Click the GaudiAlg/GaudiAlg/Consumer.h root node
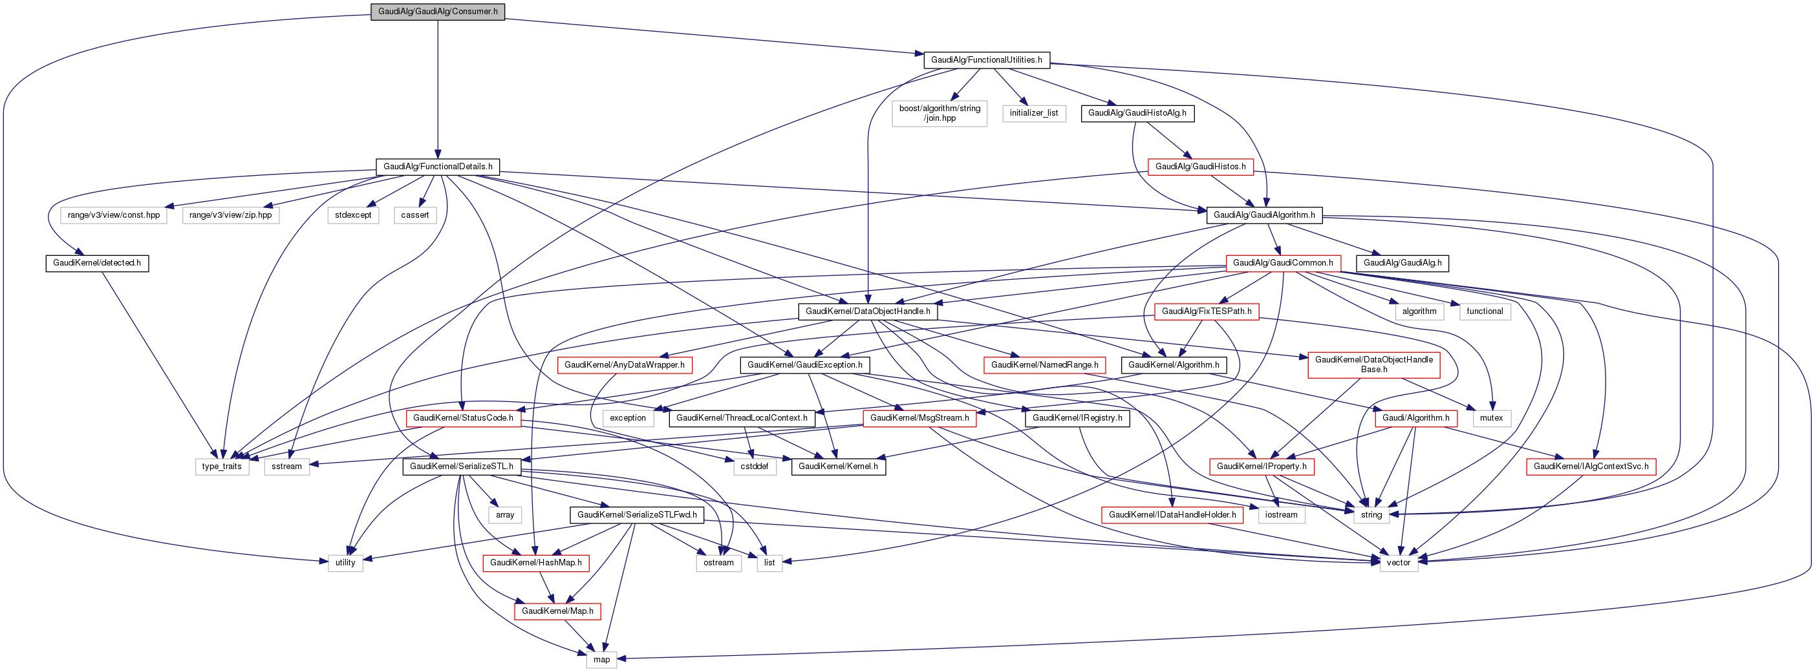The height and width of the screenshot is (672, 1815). tap(438, 11)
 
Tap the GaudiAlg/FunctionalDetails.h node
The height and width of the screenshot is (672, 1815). tap(438, 167)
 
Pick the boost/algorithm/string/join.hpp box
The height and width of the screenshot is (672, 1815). tap(940, 114)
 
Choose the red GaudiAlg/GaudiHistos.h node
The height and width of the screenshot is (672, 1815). tap(1201, 167)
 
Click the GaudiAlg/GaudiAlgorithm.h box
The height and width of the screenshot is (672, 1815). tap(1264, 215)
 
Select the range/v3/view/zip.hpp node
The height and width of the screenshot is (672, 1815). tap(230, 215)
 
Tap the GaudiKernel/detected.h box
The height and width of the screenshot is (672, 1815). tap(97, 263)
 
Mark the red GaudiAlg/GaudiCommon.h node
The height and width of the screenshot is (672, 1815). tap(1282, 263)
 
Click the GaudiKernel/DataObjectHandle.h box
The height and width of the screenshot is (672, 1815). tap(867, 311)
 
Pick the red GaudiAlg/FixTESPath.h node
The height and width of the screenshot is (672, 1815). tap(1207, 311)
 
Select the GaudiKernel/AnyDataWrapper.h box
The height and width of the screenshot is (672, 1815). tap(624, 365)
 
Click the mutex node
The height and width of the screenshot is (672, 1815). tap(1491, 417)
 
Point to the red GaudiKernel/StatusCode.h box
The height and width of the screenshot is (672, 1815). tap(464, 417)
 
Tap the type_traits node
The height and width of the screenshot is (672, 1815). tap(222, 467)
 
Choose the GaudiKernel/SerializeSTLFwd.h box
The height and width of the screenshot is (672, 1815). tap(637, 515)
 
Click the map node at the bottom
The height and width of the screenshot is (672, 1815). tap(601, 659)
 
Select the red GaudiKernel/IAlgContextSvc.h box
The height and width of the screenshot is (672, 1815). tap(1591, 467)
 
